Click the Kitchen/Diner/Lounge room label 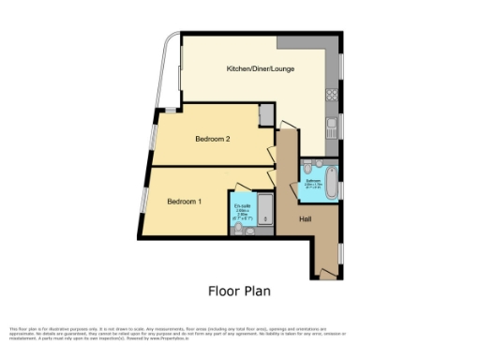(259, 69)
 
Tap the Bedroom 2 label (212, 139)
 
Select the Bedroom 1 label (184, 202)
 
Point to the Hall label (306, 218)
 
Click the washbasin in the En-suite (246, 226)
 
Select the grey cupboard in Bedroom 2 (266, 114)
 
